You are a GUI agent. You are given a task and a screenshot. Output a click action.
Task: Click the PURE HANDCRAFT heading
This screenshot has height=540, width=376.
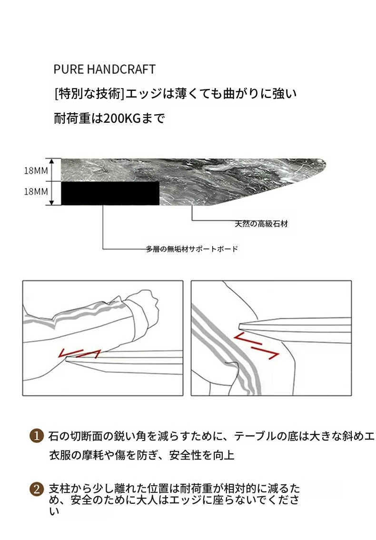tap(104, 69)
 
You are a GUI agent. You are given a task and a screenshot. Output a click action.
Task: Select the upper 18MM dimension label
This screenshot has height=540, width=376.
tap(36, 170)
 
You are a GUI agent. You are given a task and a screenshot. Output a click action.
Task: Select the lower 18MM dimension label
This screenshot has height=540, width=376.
tap(36, 191)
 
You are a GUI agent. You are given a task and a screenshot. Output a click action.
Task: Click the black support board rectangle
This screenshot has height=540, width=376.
tap(110, 193)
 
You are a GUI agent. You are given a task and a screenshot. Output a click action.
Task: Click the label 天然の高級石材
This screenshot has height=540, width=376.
tap(261, 224)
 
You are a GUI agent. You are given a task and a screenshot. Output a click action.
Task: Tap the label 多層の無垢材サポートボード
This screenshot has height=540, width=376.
tap(192, 249)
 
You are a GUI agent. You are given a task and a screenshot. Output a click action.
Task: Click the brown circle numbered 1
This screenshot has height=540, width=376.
tap(37, 436)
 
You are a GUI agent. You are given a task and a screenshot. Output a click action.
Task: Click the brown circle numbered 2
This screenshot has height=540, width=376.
tap(37, 490)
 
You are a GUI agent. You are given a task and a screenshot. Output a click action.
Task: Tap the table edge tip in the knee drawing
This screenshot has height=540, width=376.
tap(241, 324)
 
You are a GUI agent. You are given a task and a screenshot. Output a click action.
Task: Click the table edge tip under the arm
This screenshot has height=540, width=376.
tap(67, 359)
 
